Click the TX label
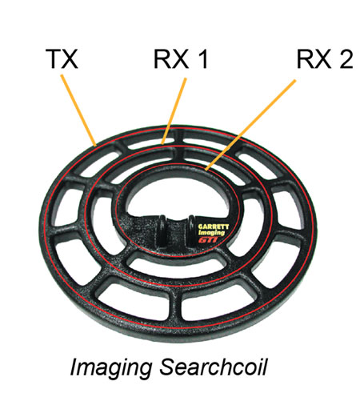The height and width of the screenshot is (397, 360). tap(62, 59)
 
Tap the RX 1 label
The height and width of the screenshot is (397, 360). tap(181, 59)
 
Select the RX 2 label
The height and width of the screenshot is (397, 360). tap(325, 59)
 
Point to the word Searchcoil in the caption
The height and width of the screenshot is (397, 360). tap(214, 367)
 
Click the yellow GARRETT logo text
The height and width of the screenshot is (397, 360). tap(214, 227)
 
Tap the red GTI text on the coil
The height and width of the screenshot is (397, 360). tap(208, 239)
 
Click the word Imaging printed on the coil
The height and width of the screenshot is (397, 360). tap(211, 233)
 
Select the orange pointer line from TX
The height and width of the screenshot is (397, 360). tap(78, 110)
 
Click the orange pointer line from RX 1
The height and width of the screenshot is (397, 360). tap(174, 111)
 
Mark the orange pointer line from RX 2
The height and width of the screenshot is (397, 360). tap(250, 124)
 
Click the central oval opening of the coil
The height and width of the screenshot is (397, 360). tap(178, 197)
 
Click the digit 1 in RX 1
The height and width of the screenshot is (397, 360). tap(203, 59)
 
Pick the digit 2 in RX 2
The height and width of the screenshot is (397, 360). tap(346, 59)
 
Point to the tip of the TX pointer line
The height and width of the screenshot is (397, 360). tap(95, 146)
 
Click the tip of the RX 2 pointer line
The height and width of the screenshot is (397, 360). tap(206, 170)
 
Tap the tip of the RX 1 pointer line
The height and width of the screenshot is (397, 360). tap(162, 143)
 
